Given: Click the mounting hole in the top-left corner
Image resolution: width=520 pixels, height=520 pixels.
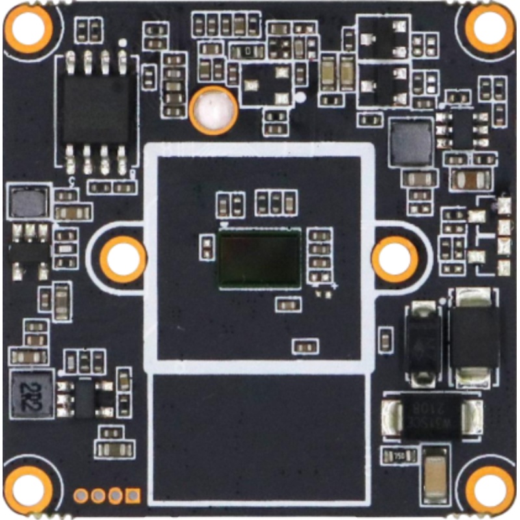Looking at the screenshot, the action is [x=29, y=28].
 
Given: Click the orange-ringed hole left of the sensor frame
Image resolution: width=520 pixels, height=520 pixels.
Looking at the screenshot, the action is [x=123, y=259].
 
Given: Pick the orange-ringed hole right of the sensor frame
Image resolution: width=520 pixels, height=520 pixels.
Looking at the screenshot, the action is [x=394, y=259].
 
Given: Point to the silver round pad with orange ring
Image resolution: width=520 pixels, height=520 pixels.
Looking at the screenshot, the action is [x=214, y=109].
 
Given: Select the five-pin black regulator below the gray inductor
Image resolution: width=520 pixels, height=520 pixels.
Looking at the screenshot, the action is [x=28, y=249].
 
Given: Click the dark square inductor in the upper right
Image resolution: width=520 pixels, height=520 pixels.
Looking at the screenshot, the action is [x=410, y=142].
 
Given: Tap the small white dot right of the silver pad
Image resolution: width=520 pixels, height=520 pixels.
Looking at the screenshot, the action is [x=300, y=97].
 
